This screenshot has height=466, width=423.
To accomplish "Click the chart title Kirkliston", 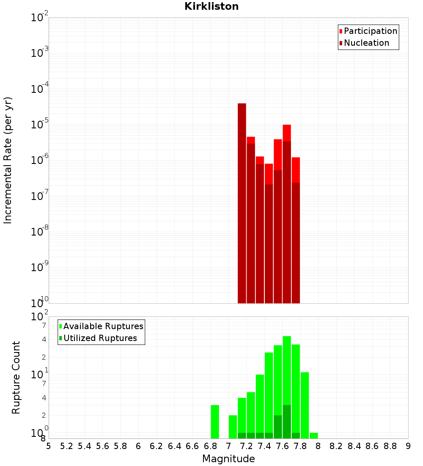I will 211,6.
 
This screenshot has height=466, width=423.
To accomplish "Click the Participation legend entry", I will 370,31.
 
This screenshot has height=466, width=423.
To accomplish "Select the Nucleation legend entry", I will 366,43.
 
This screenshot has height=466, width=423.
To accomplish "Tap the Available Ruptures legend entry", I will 103,327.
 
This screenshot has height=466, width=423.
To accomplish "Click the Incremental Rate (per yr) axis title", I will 8,160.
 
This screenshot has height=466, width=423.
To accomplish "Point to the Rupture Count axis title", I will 16,377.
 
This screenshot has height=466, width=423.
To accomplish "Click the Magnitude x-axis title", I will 228,459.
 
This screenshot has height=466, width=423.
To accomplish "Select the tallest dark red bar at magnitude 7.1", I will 242,203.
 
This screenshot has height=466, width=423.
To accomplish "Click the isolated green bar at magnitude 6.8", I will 215,422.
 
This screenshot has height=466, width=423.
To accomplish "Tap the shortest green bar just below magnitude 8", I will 313,435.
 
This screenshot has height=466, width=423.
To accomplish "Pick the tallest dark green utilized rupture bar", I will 287,422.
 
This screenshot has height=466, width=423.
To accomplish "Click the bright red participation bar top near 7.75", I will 296,169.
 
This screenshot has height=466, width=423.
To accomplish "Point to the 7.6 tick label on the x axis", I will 282,446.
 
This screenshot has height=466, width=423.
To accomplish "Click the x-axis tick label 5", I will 49,446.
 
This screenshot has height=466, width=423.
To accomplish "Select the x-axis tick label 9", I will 408,446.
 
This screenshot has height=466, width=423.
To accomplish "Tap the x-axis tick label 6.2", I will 157,446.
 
